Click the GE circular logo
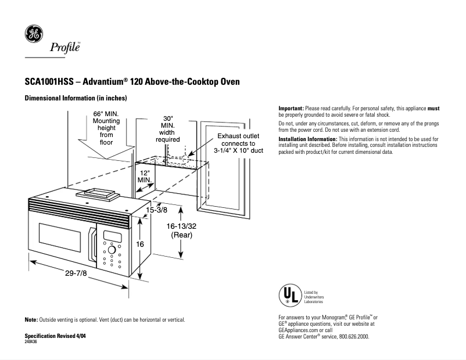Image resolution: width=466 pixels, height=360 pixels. [x=32, y=34]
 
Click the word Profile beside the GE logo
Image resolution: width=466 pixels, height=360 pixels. [x=64, y=48]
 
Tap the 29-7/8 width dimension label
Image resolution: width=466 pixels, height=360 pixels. [x=76, y=273]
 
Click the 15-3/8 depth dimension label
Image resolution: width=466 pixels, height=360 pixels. [x=157, y=210]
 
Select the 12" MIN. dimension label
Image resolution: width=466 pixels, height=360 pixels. [x=144, y=177]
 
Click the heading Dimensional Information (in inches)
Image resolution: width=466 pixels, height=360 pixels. [x=75, y=99]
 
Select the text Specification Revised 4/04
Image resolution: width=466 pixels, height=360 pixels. [x=58, y=337]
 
